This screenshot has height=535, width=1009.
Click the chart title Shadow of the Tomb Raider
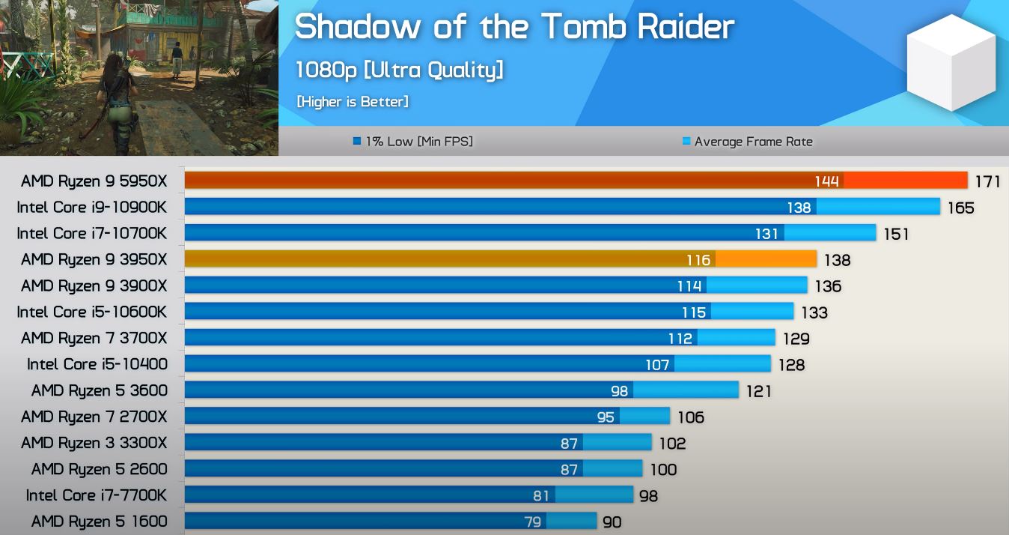(x=514, y=28)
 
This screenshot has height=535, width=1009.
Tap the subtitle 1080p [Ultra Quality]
(x=399, y=70)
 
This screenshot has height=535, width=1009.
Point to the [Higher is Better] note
(x=353, y=101)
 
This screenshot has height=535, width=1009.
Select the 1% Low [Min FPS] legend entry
(x=413, y=141)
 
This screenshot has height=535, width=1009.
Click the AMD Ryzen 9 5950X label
(x=94, y=181)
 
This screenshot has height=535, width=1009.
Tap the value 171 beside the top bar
(x=987, y=181)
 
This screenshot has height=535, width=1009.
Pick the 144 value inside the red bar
(x=826, y=181)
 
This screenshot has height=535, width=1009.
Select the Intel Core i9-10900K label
(x=91, y=207)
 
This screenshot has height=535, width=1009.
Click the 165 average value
(x=960, y=208)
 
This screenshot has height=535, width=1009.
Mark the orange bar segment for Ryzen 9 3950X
(x=766, y=259)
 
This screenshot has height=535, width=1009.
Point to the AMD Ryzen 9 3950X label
(x=94, y=259)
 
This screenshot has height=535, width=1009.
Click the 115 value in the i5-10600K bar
(x=694, y=312)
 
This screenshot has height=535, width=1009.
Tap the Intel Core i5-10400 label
(x=97, y=364)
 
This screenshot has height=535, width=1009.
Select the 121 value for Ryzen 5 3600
(x=758, y=390)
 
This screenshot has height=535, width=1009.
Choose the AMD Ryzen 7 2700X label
(x=94, y=417)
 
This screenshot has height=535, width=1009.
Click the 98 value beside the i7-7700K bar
(x=648, y=495)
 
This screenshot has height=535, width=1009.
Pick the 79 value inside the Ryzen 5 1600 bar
(x=532, y=522)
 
